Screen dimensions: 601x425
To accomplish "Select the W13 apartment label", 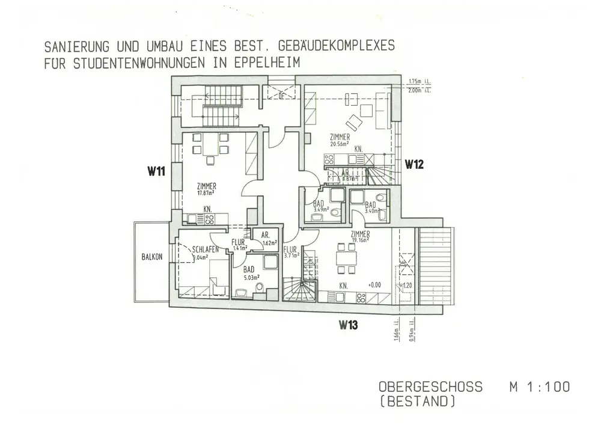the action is point(349,325).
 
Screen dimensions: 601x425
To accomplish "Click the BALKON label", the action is point(152,257).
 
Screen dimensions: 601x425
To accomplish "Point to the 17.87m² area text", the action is point(206,193).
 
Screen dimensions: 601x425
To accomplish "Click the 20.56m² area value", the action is point(340,144).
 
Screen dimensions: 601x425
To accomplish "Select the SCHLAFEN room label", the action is point(206,249).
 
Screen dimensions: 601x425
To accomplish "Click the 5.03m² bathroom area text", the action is point(251,278).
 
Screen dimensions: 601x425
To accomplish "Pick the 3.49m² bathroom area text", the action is point(321,210).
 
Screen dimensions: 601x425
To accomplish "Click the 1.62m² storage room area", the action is point(269,243).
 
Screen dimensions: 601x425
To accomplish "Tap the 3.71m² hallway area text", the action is point(291,255).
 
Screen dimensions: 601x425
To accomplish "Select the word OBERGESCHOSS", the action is point(430,387).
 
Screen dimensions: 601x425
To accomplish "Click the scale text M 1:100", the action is point(540,387).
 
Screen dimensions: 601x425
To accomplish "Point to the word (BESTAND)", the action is point(416,401).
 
